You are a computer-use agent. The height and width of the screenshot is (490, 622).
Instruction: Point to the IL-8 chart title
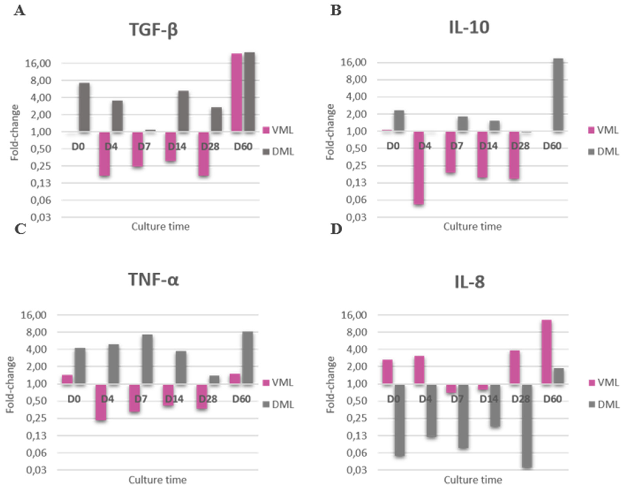[x=470, y=282]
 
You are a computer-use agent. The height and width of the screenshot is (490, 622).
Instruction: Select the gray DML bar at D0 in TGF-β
[x=84, y=107]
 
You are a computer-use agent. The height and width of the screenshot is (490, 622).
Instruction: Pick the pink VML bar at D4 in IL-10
[x=419, y=168]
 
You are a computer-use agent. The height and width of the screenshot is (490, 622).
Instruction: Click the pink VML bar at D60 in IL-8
[x=547, y=352]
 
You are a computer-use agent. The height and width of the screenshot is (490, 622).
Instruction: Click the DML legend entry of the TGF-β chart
[x=278, y=152]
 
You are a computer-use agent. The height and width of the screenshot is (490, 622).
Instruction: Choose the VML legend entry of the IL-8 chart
[x=603, y=382]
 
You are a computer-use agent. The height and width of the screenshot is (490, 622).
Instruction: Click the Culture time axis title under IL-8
[x=473, y=480]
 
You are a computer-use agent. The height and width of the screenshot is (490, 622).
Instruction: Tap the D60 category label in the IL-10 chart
[x=552, y=146]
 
